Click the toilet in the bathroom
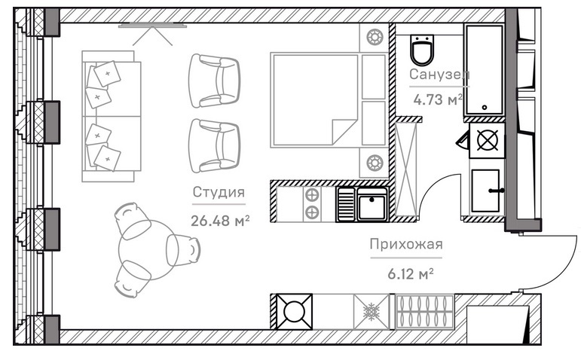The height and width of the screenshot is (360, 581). click(422, 50)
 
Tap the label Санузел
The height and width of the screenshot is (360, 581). click(439, 75)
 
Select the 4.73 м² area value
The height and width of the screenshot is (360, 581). click(438, 99)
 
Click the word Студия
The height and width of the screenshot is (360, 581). click(219, 192)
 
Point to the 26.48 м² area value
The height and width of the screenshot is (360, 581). click(220, 221)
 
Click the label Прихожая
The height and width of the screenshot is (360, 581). click(406, 244)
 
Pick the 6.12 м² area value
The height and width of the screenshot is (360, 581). click(411, 274)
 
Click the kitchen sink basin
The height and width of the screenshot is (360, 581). click(372, 204)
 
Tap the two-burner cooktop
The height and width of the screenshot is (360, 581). click(312, 204)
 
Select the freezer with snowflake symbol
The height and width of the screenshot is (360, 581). click(371, 312)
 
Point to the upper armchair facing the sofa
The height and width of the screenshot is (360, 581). click(214, 81)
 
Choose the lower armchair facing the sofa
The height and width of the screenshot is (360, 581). click(214, 145)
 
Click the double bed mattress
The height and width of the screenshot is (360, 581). click(315, 100)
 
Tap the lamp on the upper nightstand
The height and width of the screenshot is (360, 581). click(375, 37)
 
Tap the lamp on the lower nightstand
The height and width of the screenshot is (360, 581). click(375, 163)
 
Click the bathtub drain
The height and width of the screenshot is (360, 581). click(485, 108)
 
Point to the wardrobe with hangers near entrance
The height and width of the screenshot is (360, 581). click(425, 312)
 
